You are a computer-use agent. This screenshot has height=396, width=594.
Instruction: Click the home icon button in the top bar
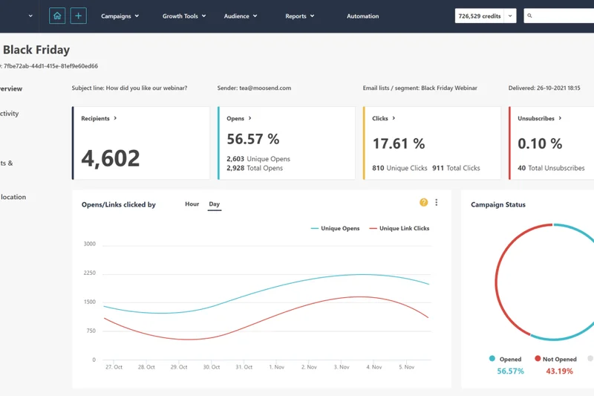(x=57, y=16)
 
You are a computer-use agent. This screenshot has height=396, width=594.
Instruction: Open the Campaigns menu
(x=120, y=16)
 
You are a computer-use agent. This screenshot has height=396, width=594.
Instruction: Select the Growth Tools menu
(x=183, y=16)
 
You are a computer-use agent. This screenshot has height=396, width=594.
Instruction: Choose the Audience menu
(x=241, y=16)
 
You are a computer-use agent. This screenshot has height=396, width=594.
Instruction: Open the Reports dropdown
(x=299, y=16)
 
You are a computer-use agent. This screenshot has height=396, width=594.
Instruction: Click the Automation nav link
(x=362, y=16)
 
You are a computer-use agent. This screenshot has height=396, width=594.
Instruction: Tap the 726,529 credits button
(x=480, y=16)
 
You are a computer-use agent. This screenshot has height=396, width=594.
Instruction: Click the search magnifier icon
(x=529, y=16)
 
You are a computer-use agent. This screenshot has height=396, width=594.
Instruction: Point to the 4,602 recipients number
(x=110, y=158)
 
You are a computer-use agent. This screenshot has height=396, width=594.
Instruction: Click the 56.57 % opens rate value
(x=253, y=139)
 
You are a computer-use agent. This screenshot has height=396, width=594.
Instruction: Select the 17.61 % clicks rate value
(x=399, y=143)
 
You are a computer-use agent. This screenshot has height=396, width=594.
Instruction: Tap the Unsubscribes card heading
(x=539, y=118)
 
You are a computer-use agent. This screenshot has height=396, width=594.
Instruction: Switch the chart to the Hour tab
(x=192, y=204)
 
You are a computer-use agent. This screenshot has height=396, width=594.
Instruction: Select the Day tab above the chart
(x=214, y=204)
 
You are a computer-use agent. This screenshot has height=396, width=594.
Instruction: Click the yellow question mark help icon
(x=423, y=202)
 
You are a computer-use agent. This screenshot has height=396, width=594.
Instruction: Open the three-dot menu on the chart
(x=437, y=202)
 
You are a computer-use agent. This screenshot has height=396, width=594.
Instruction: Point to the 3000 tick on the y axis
(x=89, y=244)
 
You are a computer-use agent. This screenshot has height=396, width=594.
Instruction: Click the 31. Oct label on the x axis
(x=244, y=367)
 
